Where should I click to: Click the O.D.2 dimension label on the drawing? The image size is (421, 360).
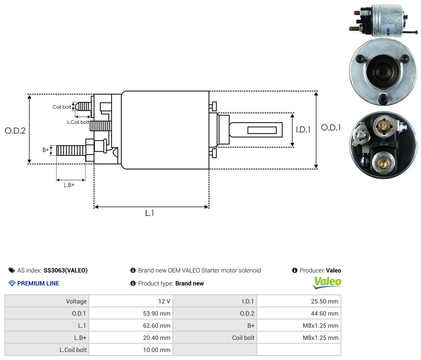[15, 131]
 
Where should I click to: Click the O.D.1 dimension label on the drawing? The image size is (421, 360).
[330, 128]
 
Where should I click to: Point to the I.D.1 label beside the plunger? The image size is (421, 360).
[303, 129]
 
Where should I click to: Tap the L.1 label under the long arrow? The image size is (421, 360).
[149, 213]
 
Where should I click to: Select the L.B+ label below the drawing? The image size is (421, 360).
[69, 185]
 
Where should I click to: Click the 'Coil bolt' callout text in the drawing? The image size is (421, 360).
[62, 107]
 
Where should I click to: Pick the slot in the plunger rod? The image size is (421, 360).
[262, 130]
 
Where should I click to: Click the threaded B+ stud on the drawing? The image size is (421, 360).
[71, 151]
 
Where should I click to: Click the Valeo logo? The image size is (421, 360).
[327, 283]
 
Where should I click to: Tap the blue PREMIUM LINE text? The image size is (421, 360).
[38, 283]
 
